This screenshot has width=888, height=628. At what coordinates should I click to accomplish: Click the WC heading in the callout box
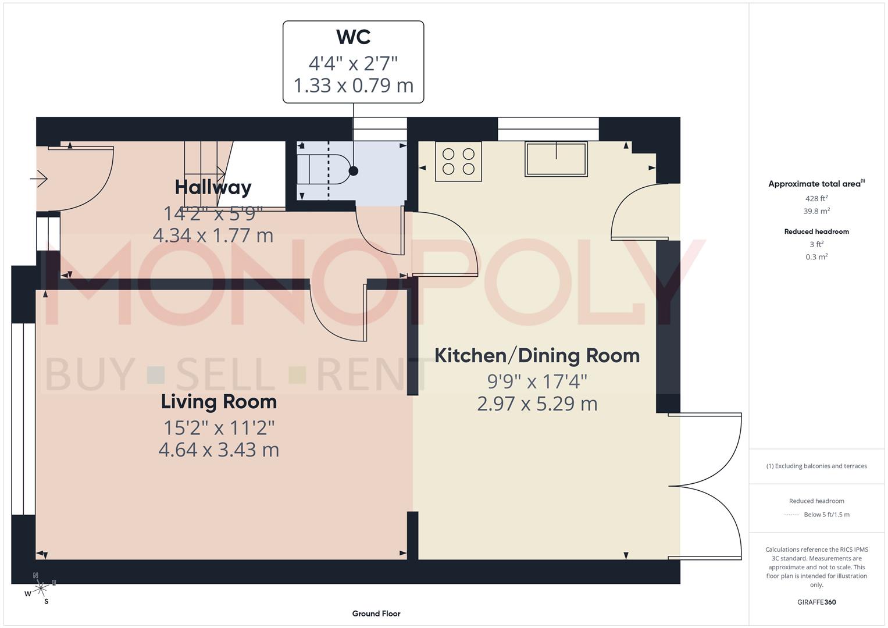pos(353,37)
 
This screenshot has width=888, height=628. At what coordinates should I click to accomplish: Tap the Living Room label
pos(219,402)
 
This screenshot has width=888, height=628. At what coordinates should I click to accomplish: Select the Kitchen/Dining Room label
pos(537,355)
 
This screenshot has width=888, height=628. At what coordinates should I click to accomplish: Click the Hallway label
pos(213,187)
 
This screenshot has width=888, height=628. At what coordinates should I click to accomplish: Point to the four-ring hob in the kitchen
pos(458,162)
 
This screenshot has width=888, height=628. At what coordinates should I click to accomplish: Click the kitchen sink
pos(556,159)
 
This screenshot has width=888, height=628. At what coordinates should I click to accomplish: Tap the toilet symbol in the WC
pos(323,171)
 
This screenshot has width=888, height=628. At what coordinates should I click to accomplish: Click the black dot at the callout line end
pos(353,171)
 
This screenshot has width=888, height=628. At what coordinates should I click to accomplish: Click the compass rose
pos(41,588)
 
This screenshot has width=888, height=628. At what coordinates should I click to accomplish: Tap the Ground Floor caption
pos(376,613)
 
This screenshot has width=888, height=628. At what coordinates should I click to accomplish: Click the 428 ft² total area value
pos(816,198)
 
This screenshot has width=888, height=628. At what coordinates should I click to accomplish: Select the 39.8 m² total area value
pos(816,211)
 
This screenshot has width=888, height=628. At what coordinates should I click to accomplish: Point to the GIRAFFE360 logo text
pos(816,602)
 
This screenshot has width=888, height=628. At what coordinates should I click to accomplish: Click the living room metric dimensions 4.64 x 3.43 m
pos(219,449)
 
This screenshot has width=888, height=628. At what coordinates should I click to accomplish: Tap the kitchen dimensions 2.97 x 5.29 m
pos(537,404)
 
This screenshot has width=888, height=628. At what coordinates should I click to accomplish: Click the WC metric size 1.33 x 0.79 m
pos(353,85)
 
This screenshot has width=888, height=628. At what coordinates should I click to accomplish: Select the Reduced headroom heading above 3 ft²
pos(816,231)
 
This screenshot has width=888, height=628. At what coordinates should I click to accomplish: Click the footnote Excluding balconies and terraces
pos(816,466)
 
